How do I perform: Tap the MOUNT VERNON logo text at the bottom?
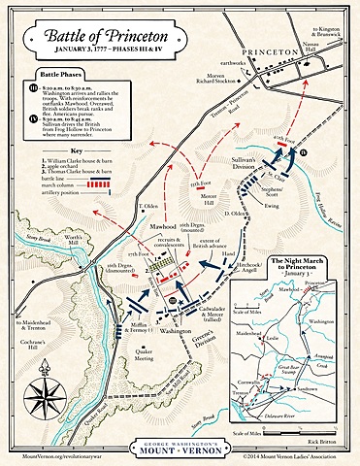pyautogui.click(x=180, y=450)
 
